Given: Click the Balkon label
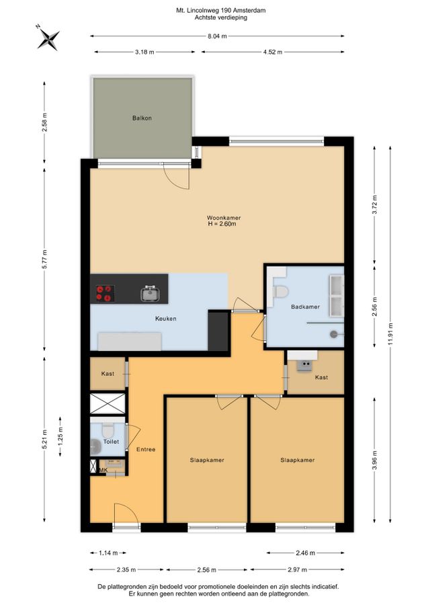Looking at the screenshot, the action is [142, 118].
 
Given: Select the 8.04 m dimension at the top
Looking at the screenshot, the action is [217, 36].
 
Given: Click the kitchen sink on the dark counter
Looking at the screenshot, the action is [150, 294].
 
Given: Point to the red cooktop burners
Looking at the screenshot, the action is [105, 293].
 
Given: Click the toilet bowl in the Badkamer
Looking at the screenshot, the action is [280, 292].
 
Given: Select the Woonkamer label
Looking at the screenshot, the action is [224, 218].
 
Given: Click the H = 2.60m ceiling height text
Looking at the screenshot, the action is [222, 224].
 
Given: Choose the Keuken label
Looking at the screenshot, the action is [166, 319].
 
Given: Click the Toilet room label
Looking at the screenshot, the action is [111, 442].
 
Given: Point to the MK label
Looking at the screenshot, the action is [103, 470].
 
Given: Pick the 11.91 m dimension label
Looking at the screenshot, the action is [390, 335].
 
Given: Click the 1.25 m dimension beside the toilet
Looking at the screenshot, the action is [60, 436].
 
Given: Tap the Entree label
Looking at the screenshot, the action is [146, 450].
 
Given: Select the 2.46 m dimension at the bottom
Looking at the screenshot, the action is [306, 553].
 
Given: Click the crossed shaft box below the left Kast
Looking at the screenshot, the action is [108, 403].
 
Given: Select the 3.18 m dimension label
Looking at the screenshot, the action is [144, 52].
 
